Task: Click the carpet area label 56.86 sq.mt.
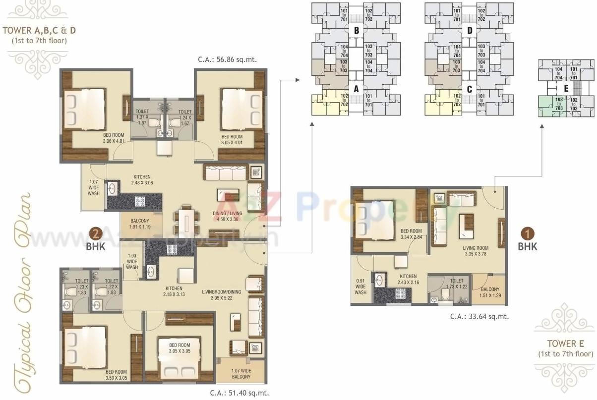(x=227, y=60)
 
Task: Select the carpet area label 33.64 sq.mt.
(x=479, y=316)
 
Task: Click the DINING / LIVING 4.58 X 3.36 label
(x=227, y=216)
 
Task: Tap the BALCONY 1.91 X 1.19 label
(x=140, y=224)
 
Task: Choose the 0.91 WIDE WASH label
(x=360, y=287)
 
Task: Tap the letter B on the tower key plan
(x=356, y=31)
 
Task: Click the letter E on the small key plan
(x=566, y=89)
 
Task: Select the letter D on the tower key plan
(x=469, y=31)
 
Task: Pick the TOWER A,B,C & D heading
(x=40, y=31)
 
